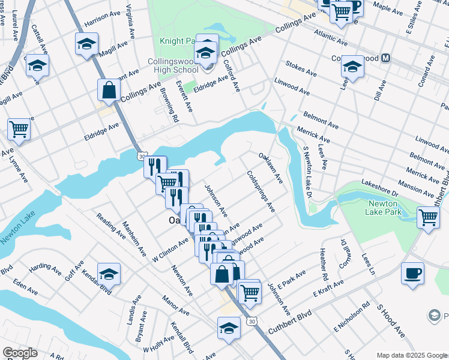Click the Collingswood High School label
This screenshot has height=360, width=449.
[174, 67]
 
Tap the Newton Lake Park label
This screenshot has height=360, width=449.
[388, 208]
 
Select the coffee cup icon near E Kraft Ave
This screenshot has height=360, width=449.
[412, 274]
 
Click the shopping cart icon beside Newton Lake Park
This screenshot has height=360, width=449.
[428, 217]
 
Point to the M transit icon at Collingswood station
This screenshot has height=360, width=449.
[385, 58]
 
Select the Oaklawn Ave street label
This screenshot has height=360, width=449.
[270, 167]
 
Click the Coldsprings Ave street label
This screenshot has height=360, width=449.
[261, 192]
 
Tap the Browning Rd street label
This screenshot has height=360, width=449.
[169, 105]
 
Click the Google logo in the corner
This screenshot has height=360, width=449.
[20, 353]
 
